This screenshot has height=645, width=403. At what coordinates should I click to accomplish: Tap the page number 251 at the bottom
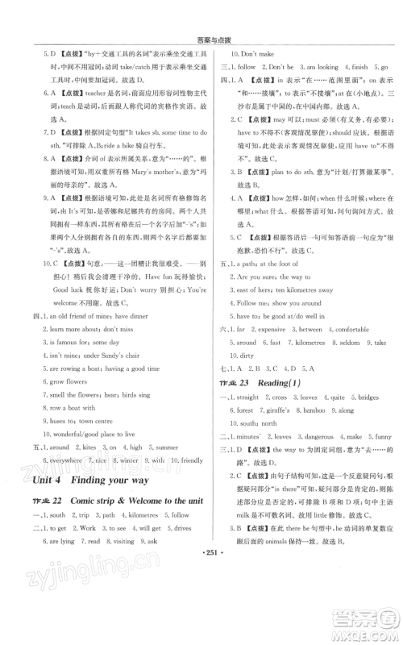201,604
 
